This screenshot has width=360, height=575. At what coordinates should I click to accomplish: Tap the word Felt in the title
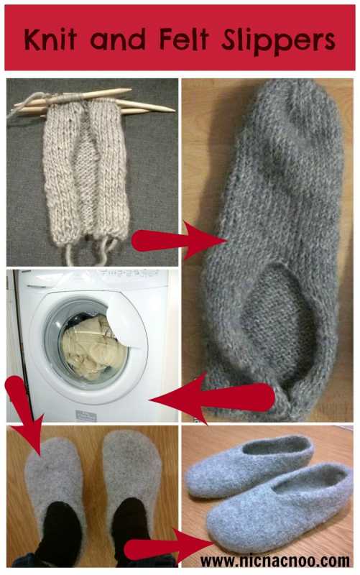pos(185,38)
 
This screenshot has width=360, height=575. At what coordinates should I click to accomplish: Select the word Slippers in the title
pos(278,41)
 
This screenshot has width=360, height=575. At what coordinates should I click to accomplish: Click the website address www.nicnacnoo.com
pos(275,561)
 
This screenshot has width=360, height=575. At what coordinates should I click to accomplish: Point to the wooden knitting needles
pos(92,101)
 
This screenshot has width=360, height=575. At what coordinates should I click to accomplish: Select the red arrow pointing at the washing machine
pos(213,398)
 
